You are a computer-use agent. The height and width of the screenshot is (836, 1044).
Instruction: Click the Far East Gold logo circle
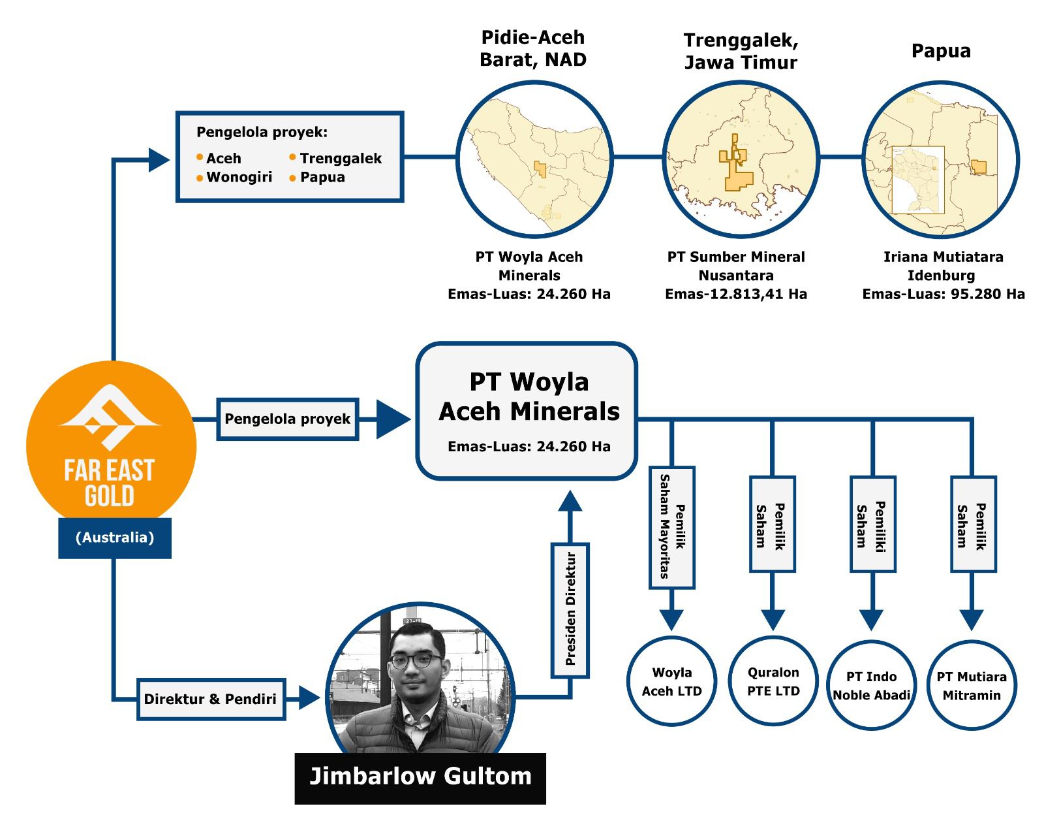111,444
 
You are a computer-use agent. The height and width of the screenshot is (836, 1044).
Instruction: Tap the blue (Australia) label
115,538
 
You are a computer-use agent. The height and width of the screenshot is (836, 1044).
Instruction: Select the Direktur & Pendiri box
211,699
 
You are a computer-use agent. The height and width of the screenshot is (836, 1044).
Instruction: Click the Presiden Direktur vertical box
570,610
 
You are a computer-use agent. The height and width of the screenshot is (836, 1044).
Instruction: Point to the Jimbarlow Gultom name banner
420,777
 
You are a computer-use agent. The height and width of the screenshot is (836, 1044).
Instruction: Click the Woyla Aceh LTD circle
671,681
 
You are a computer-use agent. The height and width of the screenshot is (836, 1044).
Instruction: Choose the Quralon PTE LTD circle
773,681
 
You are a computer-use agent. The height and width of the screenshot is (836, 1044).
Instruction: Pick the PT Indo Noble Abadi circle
871,685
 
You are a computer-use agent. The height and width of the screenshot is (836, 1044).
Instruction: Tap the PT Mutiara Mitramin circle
972,685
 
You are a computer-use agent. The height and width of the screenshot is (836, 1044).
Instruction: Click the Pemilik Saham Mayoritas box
672,527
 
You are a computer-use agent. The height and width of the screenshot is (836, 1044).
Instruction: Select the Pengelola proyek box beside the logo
287,419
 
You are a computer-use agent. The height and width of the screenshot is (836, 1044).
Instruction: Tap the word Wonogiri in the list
239,177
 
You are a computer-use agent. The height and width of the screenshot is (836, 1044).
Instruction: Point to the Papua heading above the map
941,51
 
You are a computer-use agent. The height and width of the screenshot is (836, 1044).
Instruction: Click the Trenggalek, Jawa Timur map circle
741,159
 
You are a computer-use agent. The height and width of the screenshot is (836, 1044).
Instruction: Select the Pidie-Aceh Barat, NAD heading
533,48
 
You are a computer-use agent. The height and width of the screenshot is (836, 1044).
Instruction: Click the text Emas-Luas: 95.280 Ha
944,294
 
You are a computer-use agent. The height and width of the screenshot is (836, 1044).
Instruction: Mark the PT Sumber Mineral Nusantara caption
736,266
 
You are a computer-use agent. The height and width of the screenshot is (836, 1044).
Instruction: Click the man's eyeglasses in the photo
416,660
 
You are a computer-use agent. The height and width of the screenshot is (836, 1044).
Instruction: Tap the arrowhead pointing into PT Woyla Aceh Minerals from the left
393,419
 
